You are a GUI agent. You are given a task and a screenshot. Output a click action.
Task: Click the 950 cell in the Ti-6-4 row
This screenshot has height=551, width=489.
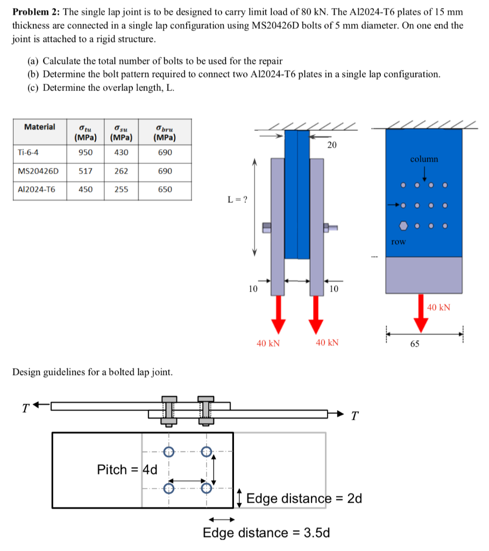86,152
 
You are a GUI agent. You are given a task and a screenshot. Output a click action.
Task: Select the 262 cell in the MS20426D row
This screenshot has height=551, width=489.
122,171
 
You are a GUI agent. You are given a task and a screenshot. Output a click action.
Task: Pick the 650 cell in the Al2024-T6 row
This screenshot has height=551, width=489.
165,189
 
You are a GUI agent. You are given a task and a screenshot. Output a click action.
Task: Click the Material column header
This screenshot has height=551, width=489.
39,127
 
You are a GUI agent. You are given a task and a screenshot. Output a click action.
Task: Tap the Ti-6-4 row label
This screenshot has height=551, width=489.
27,152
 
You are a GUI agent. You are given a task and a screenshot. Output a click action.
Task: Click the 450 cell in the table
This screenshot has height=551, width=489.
86,189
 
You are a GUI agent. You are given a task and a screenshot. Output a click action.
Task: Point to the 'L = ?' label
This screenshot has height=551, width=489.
237,200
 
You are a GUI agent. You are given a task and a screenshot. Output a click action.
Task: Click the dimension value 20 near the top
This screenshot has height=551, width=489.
332,145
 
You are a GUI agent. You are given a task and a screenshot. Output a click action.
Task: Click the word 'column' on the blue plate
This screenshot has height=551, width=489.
424,159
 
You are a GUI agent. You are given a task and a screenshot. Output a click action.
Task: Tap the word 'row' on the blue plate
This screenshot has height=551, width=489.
398,242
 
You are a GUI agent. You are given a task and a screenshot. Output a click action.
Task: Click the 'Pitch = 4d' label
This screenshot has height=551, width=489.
127,470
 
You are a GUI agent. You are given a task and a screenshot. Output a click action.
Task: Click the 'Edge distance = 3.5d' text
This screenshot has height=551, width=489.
266,533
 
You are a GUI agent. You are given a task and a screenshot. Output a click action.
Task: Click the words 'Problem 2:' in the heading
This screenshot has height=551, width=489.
36,12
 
